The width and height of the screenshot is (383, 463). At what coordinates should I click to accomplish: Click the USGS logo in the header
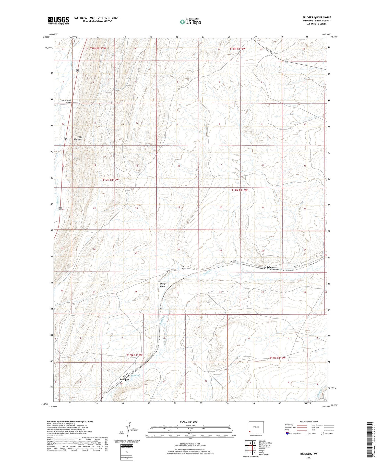(x=58, y=20)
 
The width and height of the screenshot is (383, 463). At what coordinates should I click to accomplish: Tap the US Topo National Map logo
(x=190, y=22)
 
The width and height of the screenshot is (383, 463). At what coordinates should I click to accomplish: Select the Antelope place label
(x=269, y=267)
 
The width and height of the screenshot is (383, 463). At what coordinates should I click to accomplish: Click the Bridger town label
(x=124, y=380)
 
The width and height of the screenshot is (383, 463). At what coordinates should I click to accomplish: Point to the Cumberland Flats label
(x=65, y=101)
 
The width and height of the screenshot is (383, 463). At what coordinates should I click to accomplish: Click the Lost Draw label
(x=183, y=267)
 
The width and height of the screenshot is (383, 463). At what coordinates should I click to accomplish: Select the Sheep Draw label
(x=163, y=285)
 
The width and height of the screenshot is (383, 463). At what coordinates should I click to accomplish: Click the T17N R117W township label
(x=111, y=180)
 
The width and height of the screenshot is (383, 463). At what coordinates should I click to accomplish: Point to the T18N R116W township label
(x=237, y=49)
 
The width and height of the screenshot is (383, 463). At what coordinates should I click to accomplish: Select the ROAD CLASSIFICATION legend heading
(x=309, y=421)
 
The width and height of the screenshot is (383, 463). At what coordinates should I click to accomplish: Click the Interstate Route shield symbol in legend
(x=287, y=433)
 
